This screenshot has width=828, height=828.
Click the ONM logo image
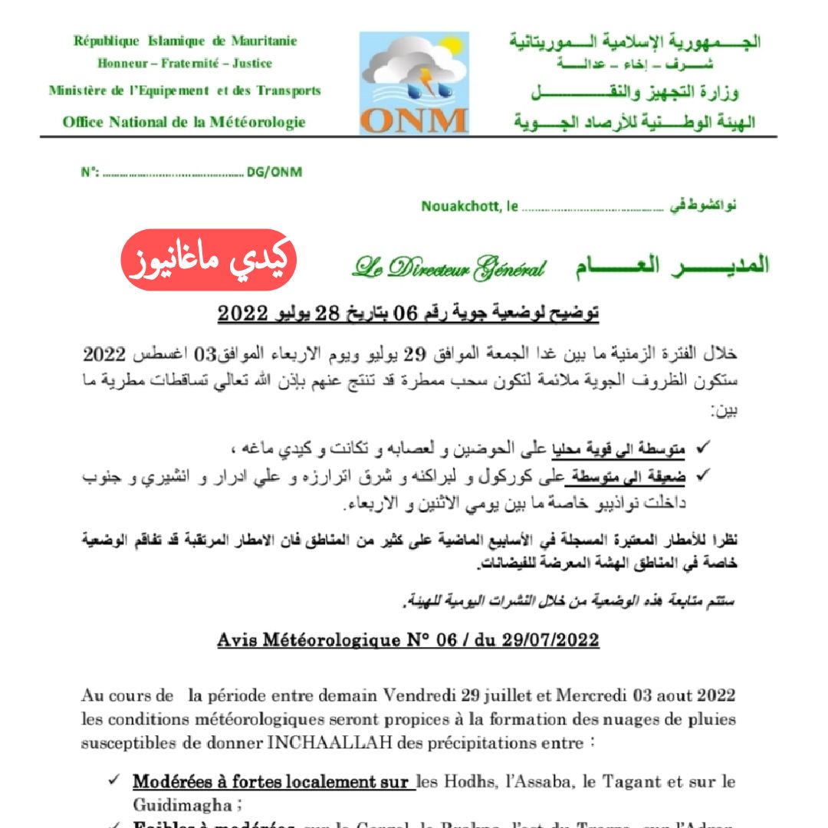(414, 83)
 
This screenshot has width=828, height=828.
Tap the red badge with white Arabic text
(209, 261)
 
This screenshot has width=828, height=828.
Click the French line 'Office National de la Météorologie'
(184, 122)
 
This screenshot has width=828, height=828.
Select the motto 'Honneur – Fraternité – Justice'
(185, 64)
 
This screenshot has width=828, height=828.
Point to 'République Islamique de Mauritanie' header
(185, 41)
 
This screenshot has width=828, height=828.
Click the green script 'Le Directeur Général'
(449, 267)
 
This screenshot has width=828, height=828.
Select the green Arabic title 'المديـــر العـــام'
(672, 265)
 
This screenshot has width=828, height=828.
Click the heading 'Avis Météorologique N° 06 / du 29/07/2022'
(408, 639)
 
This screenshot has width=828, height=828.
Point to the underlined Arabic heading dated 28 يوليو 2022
(408, 314)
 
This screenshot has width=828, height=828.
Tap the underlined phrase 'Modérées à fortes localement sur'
(271, 783)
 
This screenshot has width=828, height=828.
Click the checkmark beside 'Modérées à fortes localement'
(113, 781)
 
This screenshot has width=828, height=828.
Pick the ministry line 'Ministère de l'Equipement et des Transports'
(185, 90)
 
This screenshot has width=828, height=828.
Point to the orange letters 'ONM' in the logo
(414, 120)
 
